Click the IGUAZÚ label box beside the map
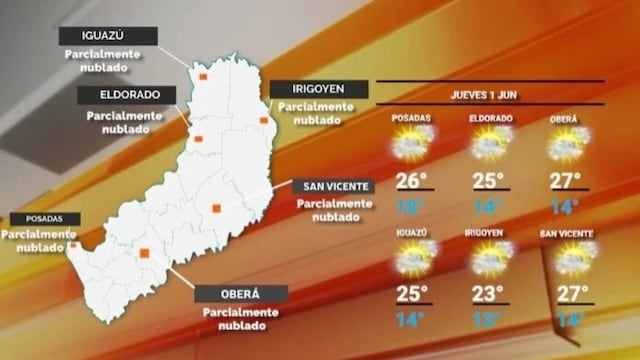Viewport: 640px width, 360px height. pos(95,36)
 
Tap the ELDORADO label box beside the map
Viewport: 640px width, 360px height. pos(127,95)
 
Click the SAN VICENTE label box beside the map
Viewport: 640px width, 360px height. pos(334,186)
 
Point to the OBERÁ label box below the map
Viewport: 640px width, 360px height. pos(240,294)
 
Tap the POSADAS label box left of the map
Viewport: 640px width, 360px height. pos(39,218)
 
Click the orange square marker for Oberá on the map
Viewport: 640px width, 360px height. pos(145,253)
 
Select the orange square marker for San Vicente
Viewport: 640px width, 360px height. pos(215,208)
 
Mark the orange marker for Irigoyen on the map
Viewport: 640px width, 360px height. pos(264,120)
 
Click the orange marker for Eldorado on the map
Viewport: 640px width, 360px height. pos(198,138)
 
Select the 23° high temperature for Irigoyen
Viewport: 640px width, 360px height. pos(489,294)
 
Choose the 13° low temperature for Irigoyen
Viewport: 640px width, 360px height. pos(489,320)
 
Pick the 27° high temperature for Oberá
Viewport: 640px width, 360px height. pos(567,181)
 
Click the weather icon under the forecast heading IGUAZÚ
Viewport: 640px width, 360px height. pos(412,258)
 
